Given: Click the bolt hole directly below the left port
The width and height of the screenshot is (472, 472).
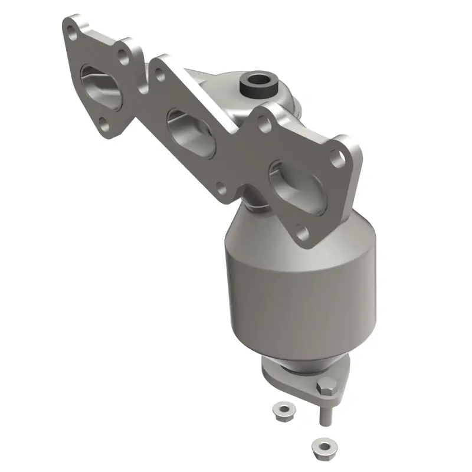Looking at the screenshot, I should point(104,124).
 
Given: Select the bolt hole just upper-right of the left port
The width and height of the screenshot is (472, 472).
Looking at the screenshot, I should point(123,57).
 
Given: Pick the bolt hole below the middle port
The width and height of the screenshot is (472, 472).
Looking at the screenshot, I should point(220,189).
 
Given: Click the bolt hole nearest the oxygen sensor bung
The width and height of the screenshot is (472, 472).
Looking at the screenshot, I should point(264,124).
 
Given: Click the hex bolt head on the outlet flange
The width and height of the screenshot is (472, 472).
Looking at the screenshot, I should point(325,388).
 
